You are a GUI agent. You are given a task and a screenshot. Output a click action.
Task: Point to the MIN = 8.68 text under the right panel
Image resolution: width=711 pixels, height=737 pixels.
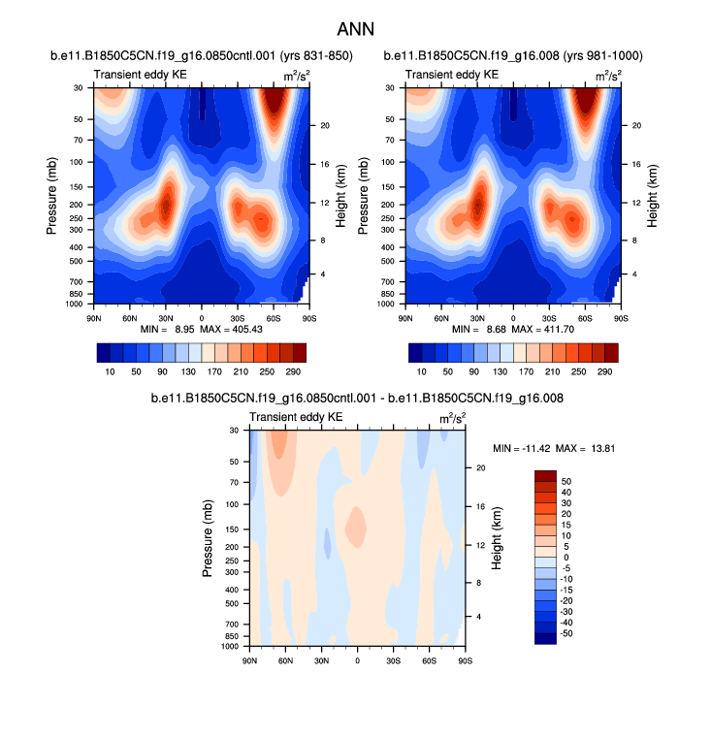469,329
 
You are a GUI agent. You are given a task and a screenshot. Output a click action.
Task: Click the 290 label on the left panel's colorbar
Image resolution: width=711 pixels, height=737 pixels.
297,372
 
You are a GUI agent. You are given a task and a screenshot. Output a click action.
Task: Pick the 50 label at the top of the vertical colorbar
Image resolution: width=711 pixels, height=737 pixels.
566,480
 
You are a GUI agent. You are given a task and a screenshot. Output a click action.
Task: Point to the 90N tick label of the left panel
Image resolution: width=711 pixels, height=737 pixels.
94,317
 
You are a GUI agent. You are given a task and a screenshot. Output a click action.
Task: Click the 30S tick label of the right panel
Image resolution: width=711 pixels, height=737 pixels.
548,317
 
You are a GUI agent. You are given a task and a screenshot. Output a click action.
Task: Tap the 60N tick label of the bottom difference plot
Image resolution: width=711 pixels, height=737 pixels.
285,660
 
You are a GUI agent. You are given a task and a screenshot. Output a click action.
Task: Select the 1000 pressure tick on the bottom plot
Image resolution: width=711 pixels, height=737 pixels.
231,646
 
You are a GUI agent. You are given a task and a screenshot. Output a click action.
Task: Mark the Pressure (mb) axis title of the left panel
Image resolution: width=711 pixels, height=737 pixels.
51,195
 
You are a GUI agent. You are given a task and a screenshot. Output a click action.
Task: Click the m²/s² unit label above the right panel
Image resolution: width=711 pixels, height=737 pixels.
607,75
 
